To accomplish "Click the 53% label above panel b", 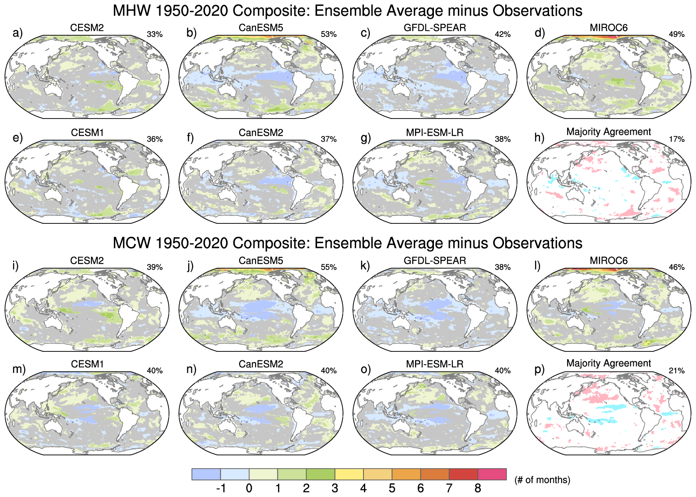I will [329, 34].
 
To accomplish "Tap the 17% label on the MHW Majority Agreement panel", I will [677, 139].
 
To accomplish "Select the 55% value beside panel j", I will [329, 267].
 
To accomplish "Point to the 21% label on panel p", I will [677, 371].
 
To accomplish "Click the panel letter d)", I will [540, 33].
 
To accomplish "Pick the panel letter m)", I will [19, 369].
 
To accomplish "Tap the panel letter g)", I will [366, 138].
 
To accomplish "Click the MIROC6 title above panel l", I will [608, 261].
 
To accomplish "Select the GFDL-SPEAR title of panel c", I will [435, 28].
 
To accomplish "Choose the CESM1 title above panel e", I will [87, 133].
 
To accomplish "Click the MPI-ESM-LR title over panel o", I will [435, 364].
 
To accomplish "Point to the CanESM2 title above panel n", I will [261, 364].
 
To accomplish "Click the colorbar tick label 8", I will [478, 488].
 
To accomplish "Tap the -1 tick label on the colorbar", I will [221, 488].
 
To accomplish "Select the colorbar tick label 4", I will [363, 488].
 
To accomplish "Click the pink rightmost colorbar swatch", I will [492, 474].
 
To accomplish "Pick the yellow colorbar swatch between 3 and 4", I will [349, 474].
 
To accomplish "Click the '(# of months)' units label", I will [542, 480].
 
